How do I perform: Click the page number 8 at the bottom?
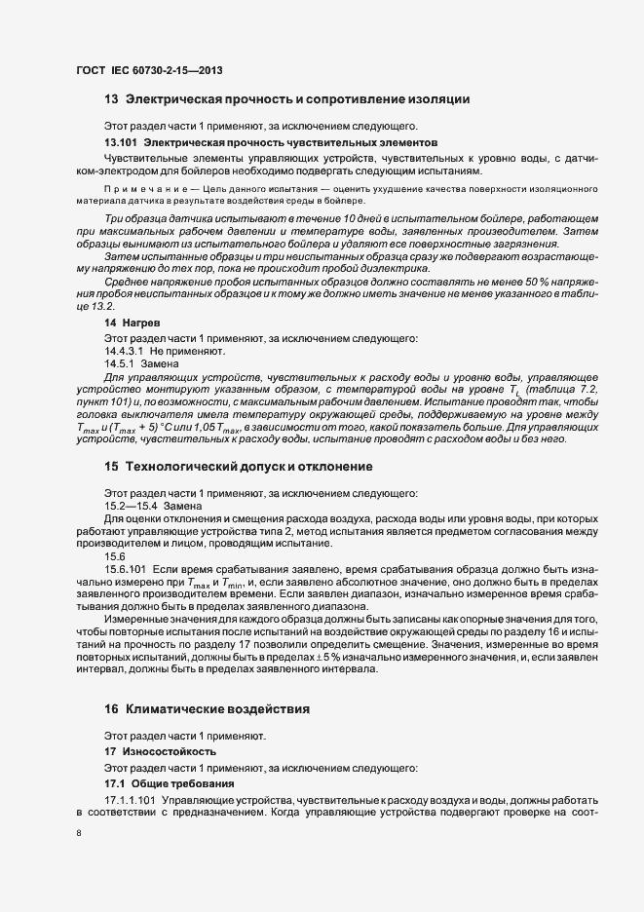(x=78, y=833)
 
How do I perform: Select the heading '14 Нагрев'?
(x=125, y=321)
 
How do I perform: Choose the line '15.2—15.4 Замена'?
(x=153, y=507)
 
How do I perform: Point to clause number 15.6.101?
(x=124, y=567)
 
